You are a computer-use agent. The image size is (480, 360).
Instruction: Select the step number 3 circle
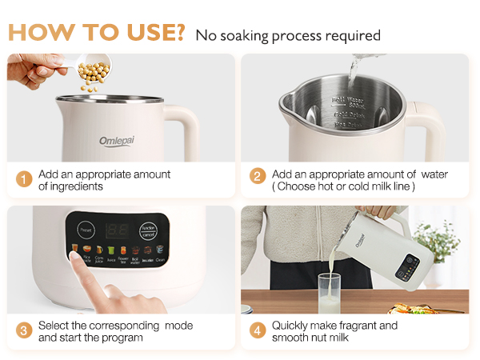point(25,331)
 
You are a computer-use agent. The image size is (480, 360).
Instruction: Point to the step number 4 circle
point(258,331)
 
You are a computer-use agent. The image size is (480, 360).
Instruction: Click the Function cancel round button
point(148,230)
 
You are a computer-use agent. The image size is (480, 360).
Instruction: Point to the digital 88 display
point(118,230)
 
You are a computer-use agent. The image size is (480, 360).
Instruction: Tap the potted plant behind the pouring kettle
point(442,240)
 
